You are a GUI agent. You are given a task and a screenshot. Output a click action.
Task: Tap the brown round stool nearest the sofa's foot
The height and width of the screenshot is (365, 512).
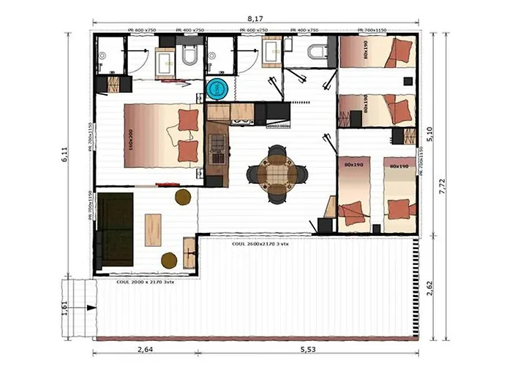[169, 259]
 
